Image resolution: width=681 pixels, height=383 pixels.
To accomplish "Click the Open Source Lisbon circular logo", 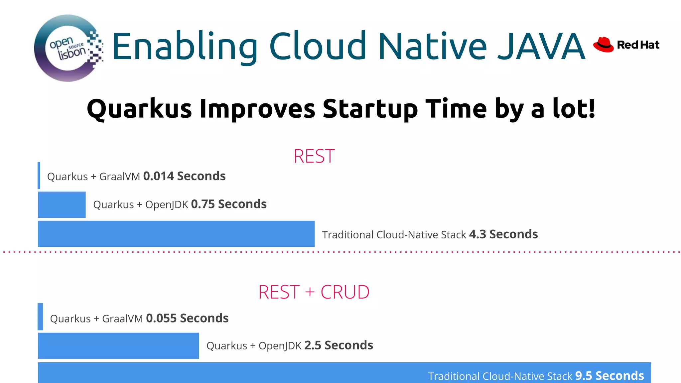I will click(x=68, y=48).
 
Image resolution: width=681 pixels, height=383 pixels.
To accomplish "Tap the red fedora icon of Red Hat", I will click(x=604, y=45).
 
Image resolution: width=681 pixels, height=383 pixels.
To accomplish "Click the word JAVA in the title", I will click(x=541, y=46).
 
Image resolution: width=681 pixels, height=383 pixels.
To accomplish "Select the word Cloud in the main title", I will click(x=318, y=46).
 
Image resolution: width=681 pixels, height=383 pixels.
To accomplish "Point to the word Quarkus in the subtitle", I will click(x=139, y=109).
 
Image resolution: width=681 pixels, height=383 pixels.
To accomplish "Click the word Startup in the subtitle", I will click(x=370, y=109).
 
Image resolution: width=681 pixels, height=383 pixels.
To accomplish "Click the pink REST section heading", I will click(x=314, y=156).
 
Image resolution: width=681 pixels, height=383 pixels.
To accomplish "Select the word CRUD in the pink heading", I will click(x=345, y=292).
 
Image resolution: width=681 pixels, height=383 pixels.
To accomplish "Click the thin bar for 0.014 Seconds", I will click(x=39, y=176).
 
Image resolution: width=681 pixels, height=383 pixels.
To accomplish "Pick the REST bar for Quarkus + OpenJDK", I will click(x=62, y=204).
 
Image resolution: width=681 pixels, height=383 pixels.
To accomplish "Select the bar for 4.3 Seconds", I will click(x=176, y=234).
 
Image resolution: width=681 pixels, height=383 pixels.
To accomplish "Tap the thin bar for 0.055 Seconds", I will click(x=40, y=317).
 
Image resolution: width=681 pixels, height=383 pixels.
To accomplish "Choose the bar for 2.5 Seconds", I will click(x=118, y=346).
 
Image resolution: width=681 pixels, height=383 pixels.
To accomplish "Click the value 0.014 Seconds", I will click(x=184, y=176).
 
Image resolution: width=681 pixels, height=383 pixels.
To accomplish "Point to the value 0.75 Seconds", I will click(x=229, y=204).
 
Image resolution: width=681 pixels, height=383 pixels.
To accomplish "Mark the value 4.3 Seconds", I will click(x=503, y=234).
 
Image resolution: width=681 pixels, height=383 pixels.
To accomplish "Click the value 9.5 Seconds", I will click(x=610, y=376).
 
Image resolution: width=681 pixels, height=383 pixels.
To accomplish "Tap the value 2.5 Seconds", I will click(x=339, y=345).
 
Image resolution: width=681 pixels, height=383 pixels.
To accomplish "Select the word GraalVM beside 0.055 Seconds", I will click(x=122, y=319).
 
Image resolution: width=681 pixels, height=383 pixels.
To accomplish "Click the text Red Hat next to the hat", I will click(x=638, y=45).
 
